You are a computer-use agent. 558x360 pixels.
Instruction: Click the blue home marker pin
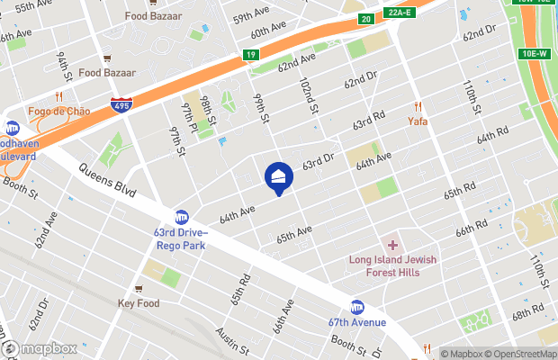click(x=278, y=176)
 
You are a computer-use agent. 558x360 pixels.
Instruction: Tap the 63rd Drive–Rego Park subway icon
click(x=182, y=217)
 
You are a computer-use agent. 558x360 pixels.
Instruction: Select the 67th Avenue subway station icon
click(x=357, y=307)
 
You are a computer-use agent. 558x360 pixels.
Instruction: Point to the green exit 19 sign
click(x=251, y=55)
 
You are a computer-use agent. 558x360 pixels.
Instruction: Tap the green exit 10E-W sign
click(x=535, y=53)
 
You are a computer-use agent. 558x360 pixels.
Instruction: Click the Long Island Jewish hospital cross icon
click(x=392, y=245)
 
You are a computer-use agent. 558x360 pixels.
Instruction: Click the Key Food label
click(x=138, y=303)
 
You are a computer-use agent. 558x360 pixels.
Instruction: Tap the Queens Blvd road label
click(x=107, y=180)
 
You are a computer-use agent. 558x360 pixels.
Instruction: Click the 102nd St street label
click(x=309, y=94)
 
